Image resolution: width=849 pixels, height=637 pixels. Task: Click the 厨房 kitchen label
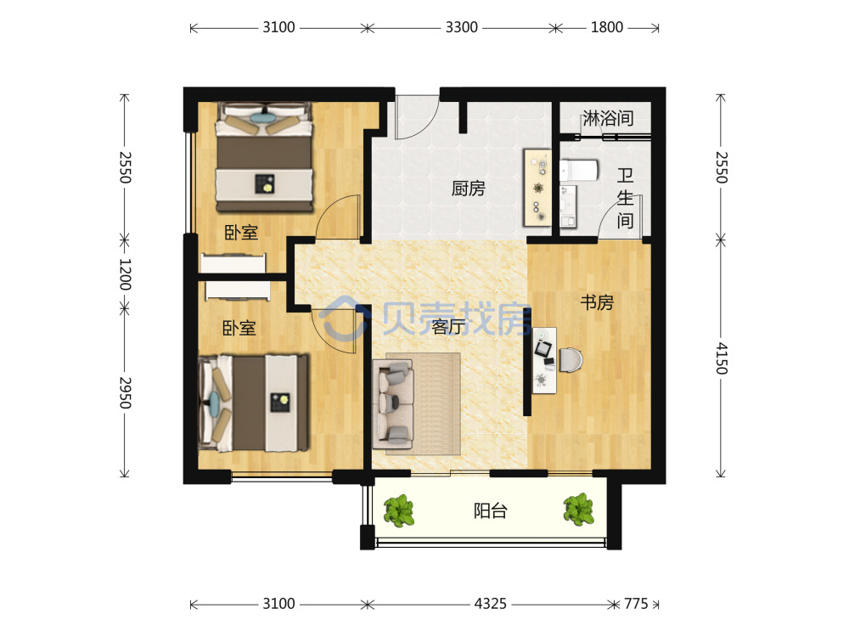pos(469,189)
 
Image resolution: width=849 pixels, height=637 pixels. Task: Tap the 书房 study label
pos(597,302)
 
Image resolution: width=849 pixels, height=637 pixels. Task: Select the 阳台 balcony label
pos(491,510)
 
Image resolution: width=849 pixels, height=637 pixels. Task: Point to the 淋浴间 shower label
pos(608,118)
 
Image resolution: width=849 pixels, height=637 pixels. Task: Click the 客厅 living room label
pos(449,327)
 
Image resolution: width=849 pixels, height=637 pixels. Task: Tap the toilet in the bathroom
pos(579,171)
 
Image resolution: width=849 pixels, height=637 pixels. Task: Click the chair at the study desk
pos(571,359)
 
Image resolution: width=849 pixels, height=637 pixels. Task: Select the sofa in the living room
pos(394,404)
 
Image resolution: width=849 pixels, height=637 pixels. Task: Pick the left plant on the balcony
pos(399,510)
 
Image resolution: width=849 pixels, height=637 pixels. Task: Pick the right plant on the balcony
pos(579,510)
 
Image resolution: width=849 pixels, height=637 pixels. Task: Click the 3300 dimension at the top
pos(461,27)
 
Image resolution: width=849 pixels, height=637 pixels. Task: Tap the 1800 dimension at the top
pos(606,27)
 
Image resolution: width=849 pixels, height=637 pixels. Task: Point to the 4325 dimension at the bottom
pos(491,603)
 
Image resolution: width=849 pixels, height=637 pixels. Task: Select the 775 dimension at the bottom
pos(636,603)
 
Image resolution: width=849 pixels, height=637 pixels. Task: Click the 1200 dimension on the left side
pos(125,274)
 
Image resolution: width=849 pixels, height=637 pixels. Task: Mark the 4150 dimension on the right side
pos(722,358)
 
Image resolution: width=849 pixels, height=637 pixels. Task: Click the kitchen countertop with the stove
pos(537,188)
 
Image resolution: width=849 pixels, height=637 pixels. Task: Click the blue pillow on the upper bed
pos(263,117)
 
